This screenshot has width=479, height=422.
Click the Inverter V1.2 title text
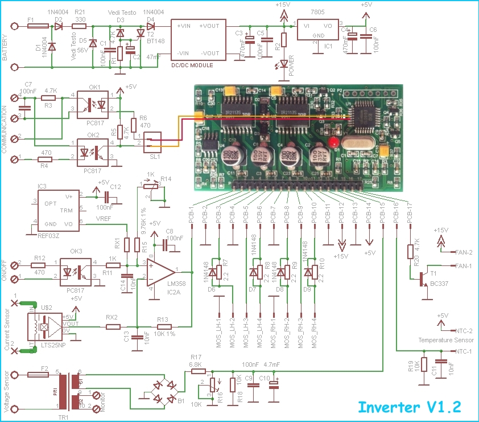coord(408,407)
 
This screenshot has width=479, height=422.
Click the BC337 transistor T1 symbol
coord(426,278)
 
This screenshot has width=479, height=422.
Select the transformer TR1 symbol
coord(75,391)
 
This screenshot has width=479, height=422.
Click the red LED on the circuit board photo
coord(335,142)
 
